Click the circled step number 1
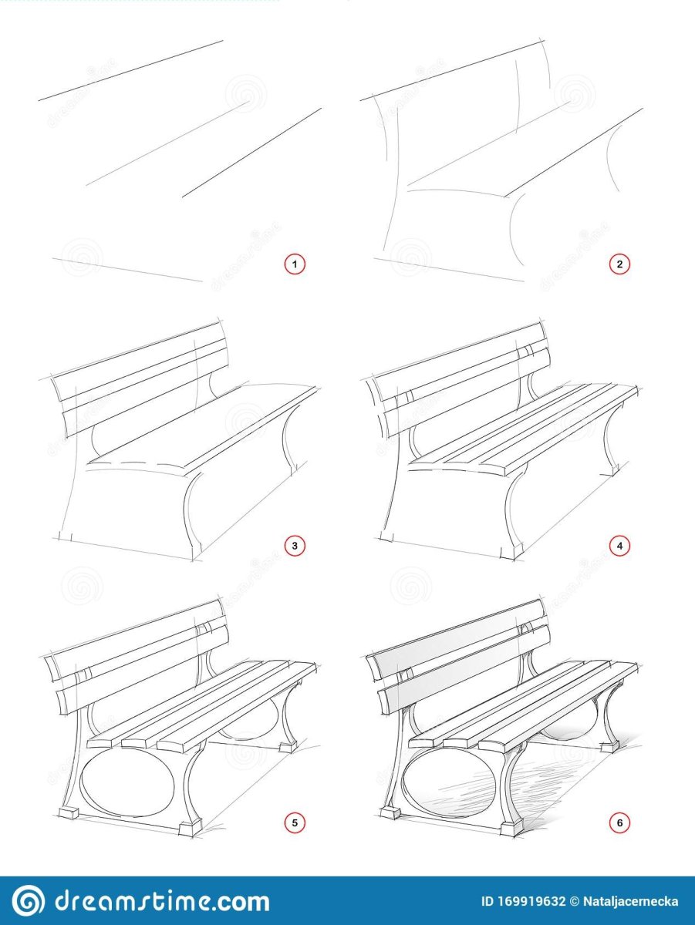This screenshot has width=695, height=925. pyautogui.click(x=295, y=264)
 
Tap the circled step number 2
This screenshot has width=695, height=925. pyautogui.click(x=619, y=264)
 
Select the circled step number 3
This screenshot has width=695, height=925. pyautogui.click(x=295, y=546)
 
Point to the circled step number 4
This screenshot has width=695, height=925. pyautogui.click(x=619, y=546)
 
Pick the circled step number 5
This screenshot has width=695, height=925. pyautogui.click(x=295, y=822)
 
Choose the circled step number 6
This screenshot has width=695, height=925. pyautogui.click(x=619, y=822)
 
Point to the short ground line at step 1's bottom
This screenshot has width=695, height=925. pyautogui.click(x=128, y=270)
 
